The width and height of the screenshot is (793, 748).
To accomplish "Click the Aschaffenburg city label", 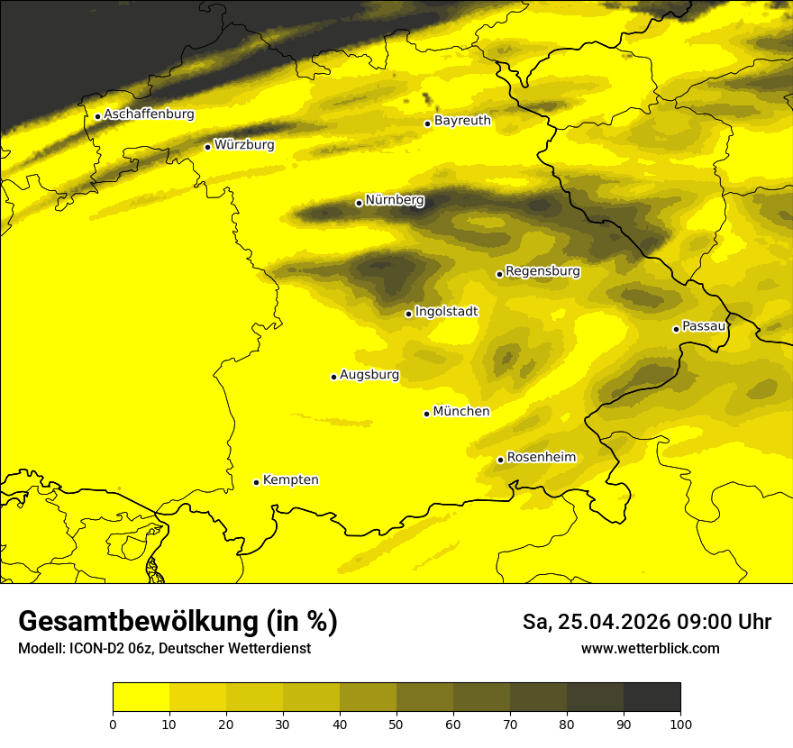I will point(149,114).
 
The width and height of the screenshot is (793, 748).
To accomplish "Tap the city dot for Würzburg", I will point(207,147).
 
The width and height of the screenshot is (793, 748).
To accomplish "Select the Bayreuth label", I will point(462,120).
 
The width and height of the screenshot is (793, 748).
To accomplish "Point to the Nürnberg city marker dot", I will point(359,203).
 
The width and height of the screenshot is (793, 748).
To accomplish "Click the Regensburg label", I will point(542,270).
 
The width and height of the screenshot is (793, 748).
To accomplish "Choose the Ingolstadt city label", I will point(446,311).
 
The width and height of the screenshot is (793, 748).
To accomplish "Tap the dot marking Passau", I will point(676,329).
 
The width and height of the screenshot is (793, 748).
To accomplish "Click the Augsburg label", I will point(369,374).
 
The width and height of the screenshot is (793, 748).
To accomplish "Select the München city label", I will point(461,411).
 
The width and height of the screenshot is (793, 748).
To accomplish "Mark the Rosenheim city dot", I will point(500,461).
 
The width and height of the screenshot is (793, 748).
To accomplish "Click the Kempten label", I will point(290,479).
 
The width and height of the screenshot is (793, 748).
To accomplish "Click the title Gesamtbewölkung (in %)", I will point(178,622).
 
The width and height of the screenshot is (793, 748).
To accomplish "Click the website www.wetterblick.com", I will point(650,648).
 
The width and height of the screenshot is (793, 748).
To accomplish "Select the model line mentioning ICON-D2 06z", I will point(164,648).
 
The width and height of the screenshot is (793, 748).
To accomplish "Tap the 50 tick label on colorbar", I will point(396,724).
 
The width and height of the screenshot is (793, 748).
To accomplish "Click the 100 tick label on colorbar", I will point(680,724).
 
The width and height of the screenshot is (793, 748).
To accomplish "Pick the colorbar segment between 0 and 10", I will point(141,698).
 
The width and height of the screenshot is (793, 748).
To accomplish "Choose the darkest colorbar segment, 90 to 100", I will point(652,698).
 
